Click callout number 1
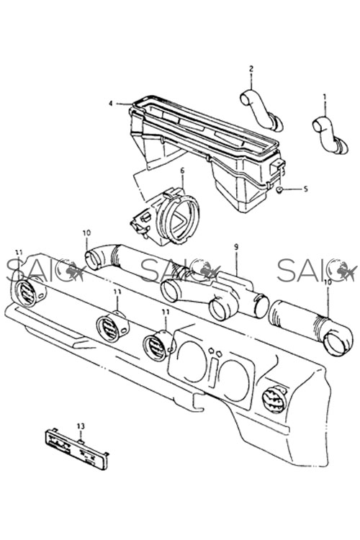[324, 98]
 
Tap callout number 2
[251, 68]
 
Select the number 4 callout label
[111, 103]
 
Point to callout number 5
[305, 189]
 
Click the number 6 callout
[182, 170]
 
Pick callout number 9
[236, 247]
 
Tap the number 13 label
[81, 426]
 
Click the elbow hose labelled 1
[330, 135]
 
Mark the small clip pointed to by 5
[280, 189]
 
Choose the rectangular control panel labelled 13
[76, 449]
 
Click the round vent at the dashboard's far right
[274, 400]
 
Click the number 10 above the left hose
[86, 233]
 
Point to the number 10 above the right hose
[327, 282]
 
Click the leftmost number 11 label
[19, 253]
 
